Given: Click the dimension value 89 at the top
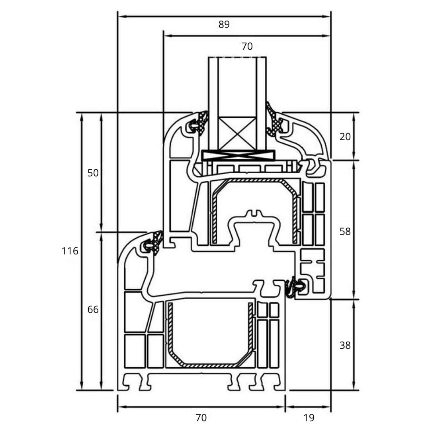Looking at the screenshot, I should [x=224, y=25].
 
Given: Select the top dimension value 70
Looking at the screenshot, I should [x=247, y=47].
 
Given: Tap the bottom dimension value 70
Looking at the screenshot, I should [x=201, y=418].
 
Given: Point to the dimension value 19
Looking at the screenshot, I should [x=309, y=418].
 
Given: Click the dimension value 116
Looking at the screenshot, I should [x=70, y=251].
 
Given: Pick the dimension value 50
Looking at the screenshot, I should [x=93, y=173].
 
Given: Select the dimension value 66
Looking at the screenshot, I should [x=93, y=309].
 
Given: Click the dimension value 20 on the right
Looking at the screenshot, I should [x=345, y=137].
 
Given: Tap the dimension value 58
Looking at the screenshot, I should [x=345, y=231].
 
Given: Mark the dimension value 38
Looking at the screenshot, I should [x=345, y=345].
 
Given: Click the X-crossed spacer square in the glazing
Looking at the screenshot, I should [x=238, y=134].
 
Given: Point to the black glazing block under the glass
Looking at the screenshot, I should [x=238, y=155].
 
